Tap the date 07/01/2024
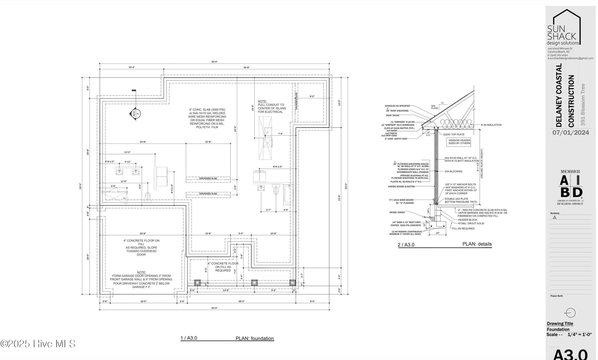(570, 133)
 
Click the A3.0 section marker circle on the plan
(135, 114)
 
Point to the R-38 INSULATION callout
(491, 125)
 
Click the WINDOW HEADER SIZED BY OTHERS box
(459, 142)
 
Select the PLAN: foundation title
(254, 338)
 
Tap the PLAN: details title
(477, 244)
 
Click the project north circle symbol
(570, 313)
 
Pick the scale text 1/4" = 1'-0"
(579, 335)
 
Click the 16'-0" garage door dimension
(144, 301)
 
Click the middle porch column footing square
(254, 282)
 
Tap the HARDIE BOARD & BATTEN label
(402, 186)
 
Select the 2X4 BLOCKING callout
(453, 171)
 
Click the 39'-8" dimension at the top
(246, 68)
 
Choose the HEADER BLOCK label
(468, 220)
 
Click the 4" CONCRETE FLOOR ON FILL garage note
(141, 247)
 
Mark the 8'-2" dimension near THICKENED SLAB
(312, 96)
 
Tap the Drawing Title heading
(560, 324)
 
